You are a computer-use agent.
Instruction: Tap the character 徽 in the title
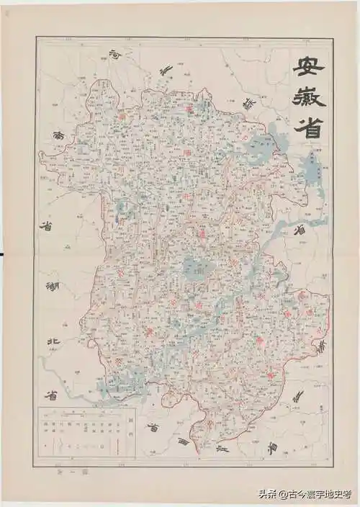pyautogui.click(x=308, y=99)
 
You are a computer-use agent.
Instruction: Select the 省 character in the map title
pyautogui.click(x=308, y=128)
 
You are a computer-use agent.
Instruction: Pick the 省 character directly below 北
pyautogui.click(x=52, y=395)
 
